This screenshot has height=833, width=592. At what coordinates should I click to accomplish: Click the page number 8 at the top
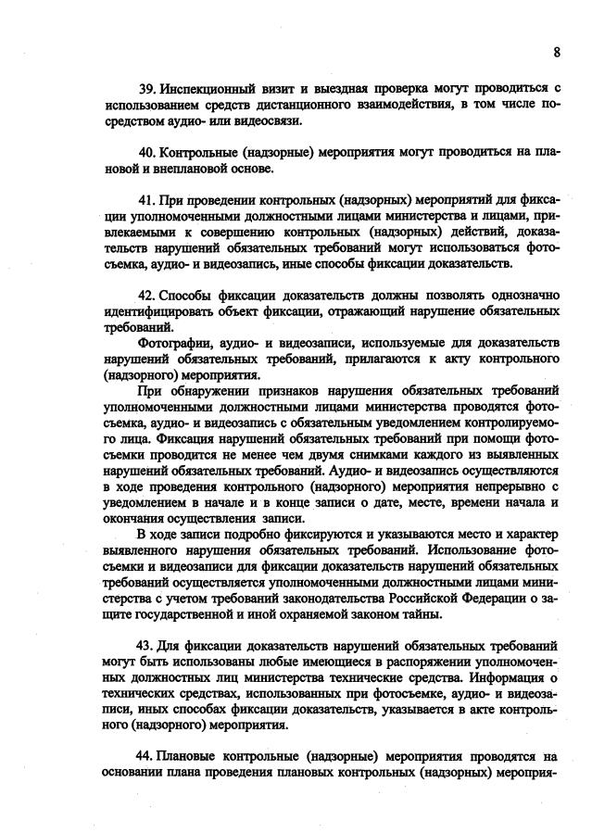pyautogui.click(x=557, y=52)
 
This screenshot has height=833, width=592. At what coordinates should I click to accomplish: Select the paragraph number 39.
pyautogui.click(x=145, y=88)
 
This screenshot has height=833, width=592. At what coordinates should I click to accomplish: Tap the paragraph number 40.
pyautogui.click(x=145, y=151)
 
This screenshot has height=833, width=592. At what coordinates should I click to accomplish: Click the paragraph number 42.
pyautogui.click(x=145, y=294)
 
